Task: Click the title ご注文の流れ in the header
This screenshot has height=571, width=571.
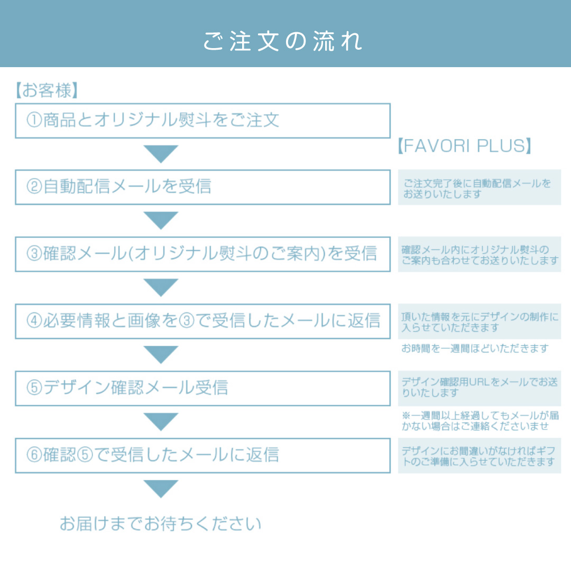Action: (x=282, y=41)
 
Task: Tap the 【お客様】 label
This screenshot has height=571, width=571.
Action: (x=47, y=90)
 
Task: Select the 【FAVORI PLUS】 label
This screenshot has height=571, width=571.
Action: (x=464, y=146)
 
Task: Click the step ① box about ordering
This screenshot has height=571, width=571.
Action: (x=203, y=121)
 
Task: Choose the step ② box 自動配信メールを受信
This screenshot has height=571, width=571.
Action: (x=203, y=187)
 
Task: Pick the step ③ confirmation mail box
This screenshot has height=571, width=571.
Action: (x=203, y=254)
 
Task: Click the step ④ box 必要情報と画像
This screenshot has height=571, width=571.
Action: (x=203, y=321)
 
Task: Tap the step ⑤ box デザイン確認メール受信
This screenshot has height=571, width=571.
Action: (x=203, y=388)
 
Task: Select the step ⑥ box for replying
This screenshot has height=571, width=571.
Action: (x=203, y=456)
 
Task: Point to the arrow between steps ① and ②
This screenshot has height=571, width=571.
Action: (x=161, y=153)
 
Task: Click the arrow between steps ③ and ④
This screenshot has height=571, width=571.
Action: (x=161, y=287)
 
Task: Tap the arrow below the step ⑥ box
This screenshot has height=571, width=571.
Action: (x=161, y=489)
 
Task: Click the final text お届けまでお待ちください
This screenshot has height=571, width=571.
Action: (x=161, y=523)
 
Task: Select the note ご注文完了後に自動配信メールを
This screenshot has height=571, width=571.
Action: (x=477, y=189)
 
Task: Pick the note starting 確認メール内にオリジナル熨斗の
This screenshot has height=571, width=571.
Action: (x=480, y=255)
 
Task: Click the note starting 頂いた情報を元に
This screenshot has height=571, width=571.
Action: (x=480, y=322)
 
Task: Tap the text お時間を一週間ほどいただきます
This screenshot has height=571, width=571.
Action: (x=475, y=348)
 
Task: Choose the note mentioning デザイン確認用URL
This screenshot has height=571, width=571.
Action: (x=480, y=388)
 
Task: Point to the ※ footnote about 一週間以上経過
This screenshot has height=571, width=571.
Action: (x=480, y=421)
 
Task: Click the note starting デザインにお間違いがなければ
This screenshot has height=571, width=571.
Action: (x=478, y=456)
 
